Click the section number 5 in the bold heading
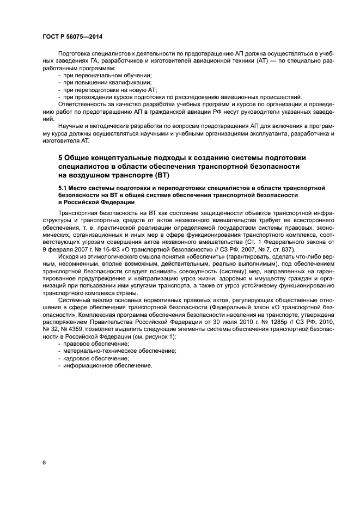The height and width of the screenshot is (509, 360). (60, 157)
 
